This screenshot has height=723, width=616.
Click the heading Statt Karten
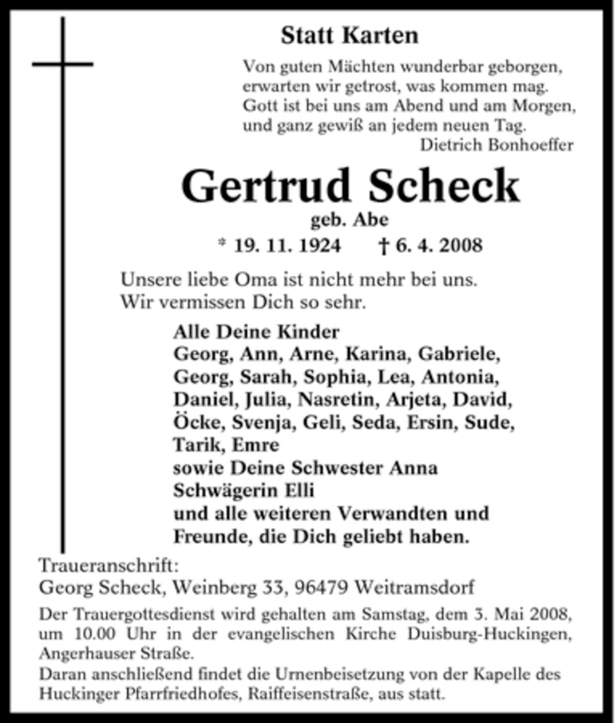tap(350, 35)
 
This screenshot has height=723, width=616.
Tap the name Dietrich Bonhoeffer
tap(497, 145)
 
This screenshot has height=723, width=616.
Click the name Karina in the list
tap(370, 356)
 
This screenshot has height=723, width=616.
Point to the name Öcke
tap(196, 423)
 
